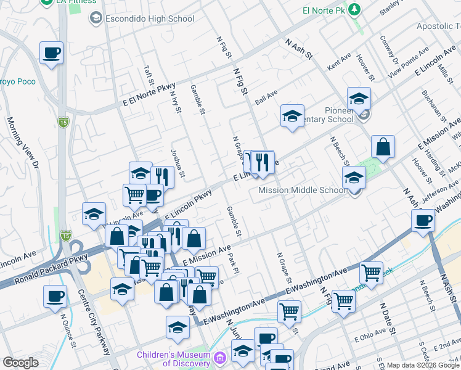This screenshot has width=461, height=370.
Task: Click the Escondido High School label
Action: pos(142,18)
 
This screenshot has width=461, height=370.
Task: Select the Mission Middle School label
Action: pos(302,190)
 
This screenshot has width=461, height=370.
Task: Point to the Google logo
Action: pos(20,363)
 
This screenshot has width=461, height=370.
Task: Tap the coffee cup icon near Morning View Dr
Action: pos(52,53)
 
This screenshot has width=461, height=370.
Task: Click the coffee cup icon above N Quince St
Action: pos(55,297)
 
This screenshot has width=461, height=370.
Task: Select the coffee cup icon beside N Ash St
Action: pos(423,221)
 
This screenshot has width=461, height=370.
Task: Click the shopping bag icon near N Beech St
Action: pos(383,147)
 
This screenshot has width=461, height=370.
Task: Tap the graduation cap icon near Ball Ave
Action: pos(293,115)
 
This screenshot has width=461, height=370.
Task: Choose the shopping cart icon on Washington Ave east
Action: pos(371,272)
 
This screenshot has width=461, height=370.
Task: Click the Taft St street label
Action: pos(148,76)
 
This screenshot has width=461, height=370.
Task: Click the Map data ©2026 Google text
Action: pos(422,365)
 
